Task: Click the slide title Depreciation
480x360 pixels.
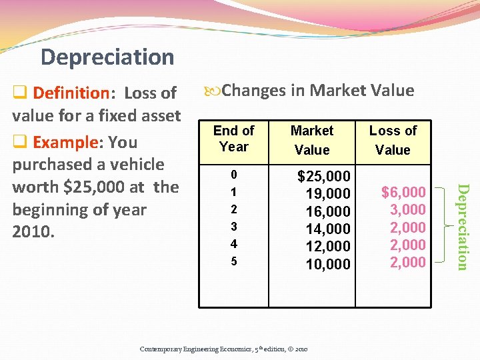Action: [x=107, y=57]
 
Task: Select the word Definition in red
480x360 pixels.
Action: [x=71, y=93]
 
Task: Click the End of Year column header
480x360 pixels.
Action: [x=233, y=139]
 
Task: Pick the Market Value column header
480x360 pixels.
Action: [x=312, y=140]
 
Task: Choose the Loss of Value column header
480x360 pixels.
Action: [x=393, y=140]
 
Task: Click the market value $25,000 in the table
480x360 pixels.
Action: [x=323, y=176]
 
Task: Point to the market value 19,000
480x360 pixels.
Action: [x=328, y=194]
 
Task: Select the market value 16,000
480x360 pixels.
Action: [x=328, y=211]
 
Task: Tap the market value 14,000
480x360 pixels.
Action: [x=328, y=229]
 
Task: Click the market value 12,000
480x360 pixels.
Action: [x=328, y=247]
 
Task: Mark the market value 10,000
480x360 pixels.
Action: [x=328, y=264]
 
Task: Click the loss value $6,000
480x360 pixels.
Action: [x=403, y=193]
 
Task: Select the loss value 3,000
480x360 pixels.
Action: [x=407, y=210]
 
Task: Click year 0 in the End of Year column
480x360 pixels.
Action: [x=233, y=175]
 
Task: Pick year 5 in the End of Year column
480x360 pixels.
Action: [x=233, y=261]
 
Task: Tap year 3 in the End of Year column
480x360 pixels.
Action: [x=233, y=227]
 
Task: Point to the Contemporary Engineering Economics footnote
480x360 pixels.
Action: [x=223, y=349]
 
